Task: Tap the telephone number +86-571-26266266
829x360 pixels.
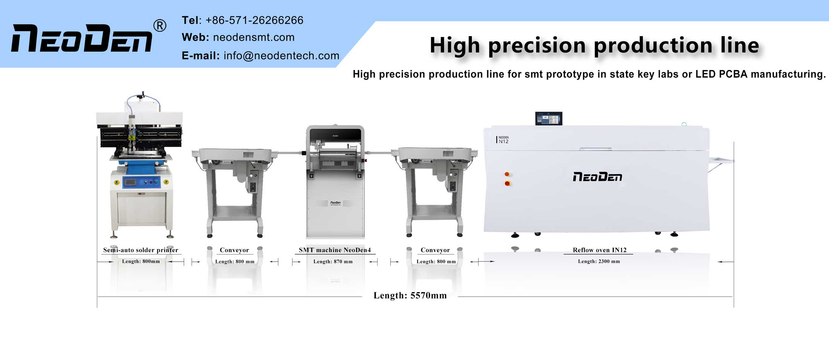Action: [254, 20]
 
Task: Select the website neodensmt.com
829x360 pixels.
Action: [254, 37]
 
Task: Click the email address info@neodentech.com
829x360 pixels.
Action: [281, 56]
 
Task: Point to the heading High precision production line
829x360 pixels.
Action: [594, 45]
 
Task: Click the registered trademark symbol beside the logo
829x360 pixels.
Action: [160, 26]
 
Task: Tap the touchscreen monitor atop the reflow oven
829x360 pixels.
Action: [549, 118]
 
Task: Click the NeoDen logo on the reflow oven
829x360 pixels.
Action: [597, 177]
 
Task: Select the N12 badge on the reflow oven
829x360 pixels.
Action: [503, 140]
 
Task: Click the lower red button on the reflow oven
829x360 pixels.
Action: [507, 184]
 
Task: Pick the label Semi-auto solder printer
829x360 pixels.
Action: [141, 250]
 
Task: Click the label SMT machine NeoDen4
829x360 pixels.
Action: [335, 250]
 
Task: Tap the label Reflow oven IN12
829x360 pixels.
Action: [599, 250]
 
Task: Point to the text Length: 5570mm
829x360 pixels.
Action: [410, 296]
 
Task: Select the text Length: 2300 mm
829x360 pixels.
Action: [599, 261]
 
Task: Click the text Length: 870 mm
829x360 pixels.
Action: [333, 262]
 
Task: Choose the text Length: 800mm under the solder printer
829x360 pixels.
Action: [141, 261]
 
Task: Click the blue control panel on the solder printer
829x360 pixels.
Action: [142, 182]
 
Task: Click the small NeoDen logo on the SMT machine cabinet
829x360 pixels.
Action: [335, 203]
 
